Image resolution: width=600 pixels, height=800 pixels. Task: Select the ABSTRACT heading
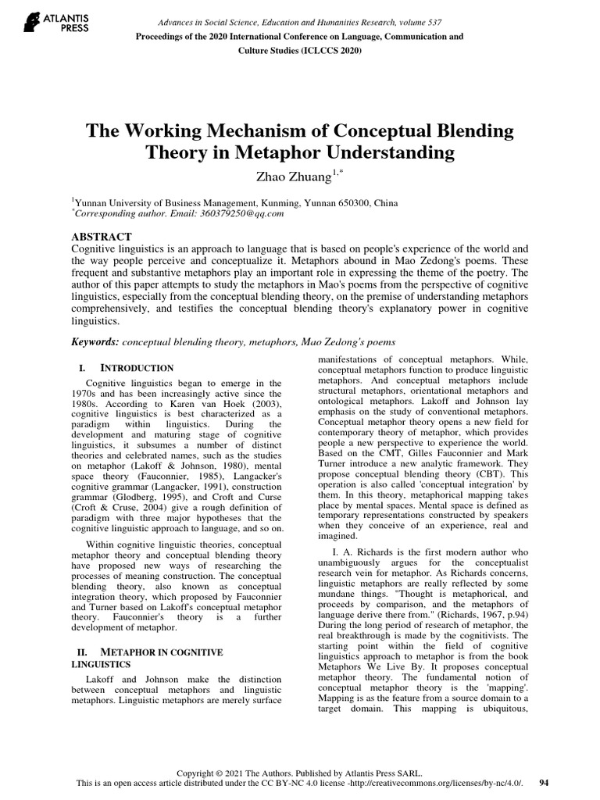pos(102,236)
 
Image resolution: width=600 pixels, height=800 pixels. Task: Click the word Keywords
pos(95,341)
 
